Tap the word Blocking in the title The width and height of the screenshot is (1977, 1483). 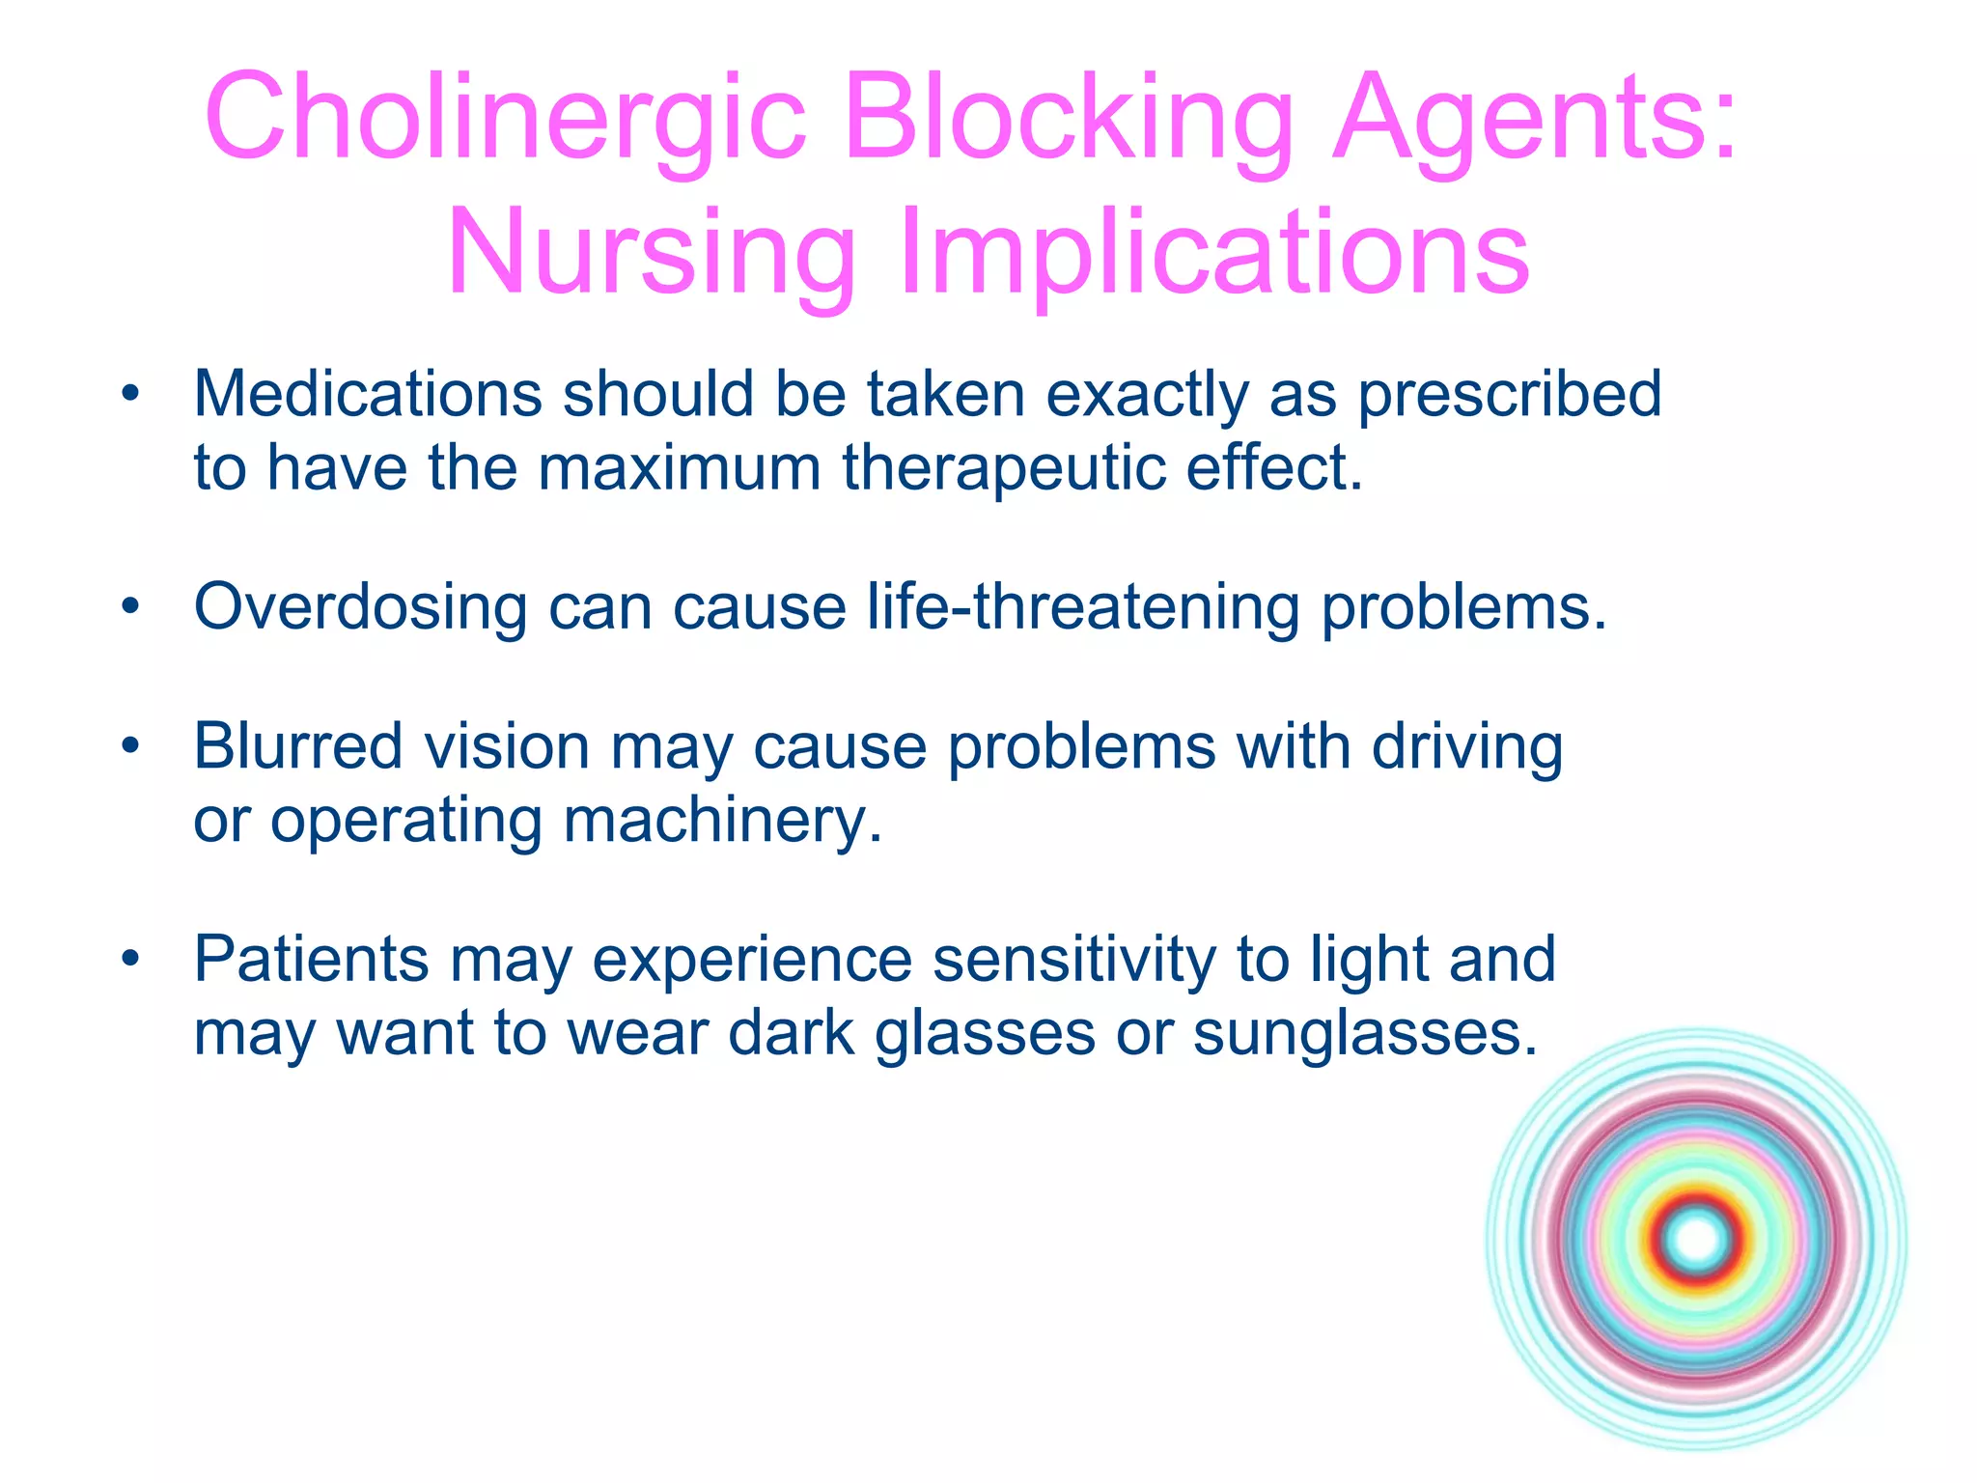tap(1068, 118)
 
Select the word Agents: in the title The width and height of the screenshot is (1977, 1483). tap(1535, 118)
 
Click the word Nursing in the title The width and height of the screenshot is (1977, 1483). tap(651, 253)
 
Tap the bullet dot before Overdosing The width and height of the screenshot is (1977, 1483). tap(131, 607)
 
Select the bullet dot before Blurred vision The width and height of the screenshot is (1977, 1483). tap(131, 746)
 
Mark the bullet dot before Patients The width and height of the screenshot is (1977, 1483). tap(131, 959)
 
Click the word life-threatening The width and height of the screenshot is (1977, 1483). tap(1083, 607)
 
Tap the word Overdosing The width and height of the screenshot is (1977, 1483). tap(360, 607)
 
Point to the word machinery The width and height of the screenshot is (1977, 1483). tap(722, 821)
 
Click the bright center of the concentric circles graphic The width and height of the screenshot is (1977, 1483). tap(1697, 1240)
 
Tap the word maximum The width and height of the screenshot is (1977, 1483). tap(679, 468)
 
